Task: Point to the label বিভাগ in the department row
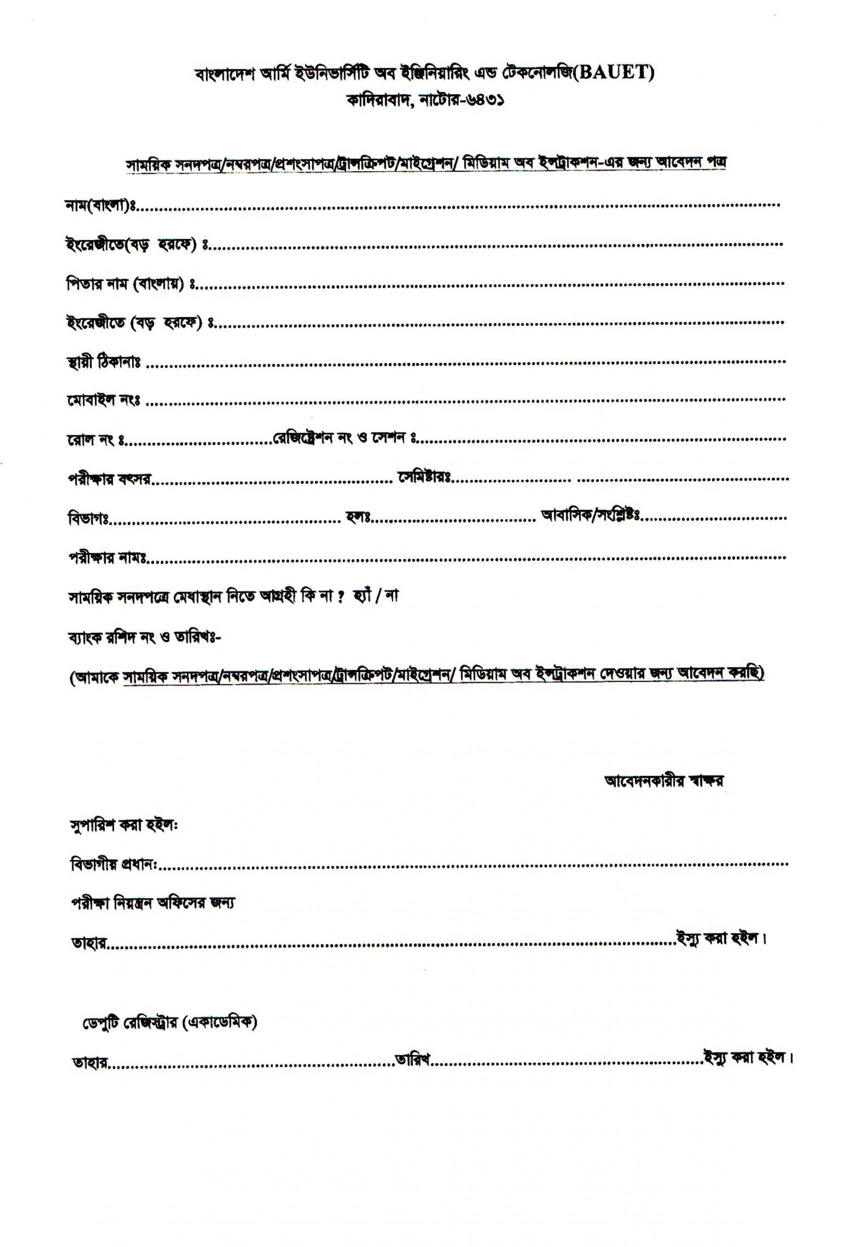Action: (88, 519)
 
